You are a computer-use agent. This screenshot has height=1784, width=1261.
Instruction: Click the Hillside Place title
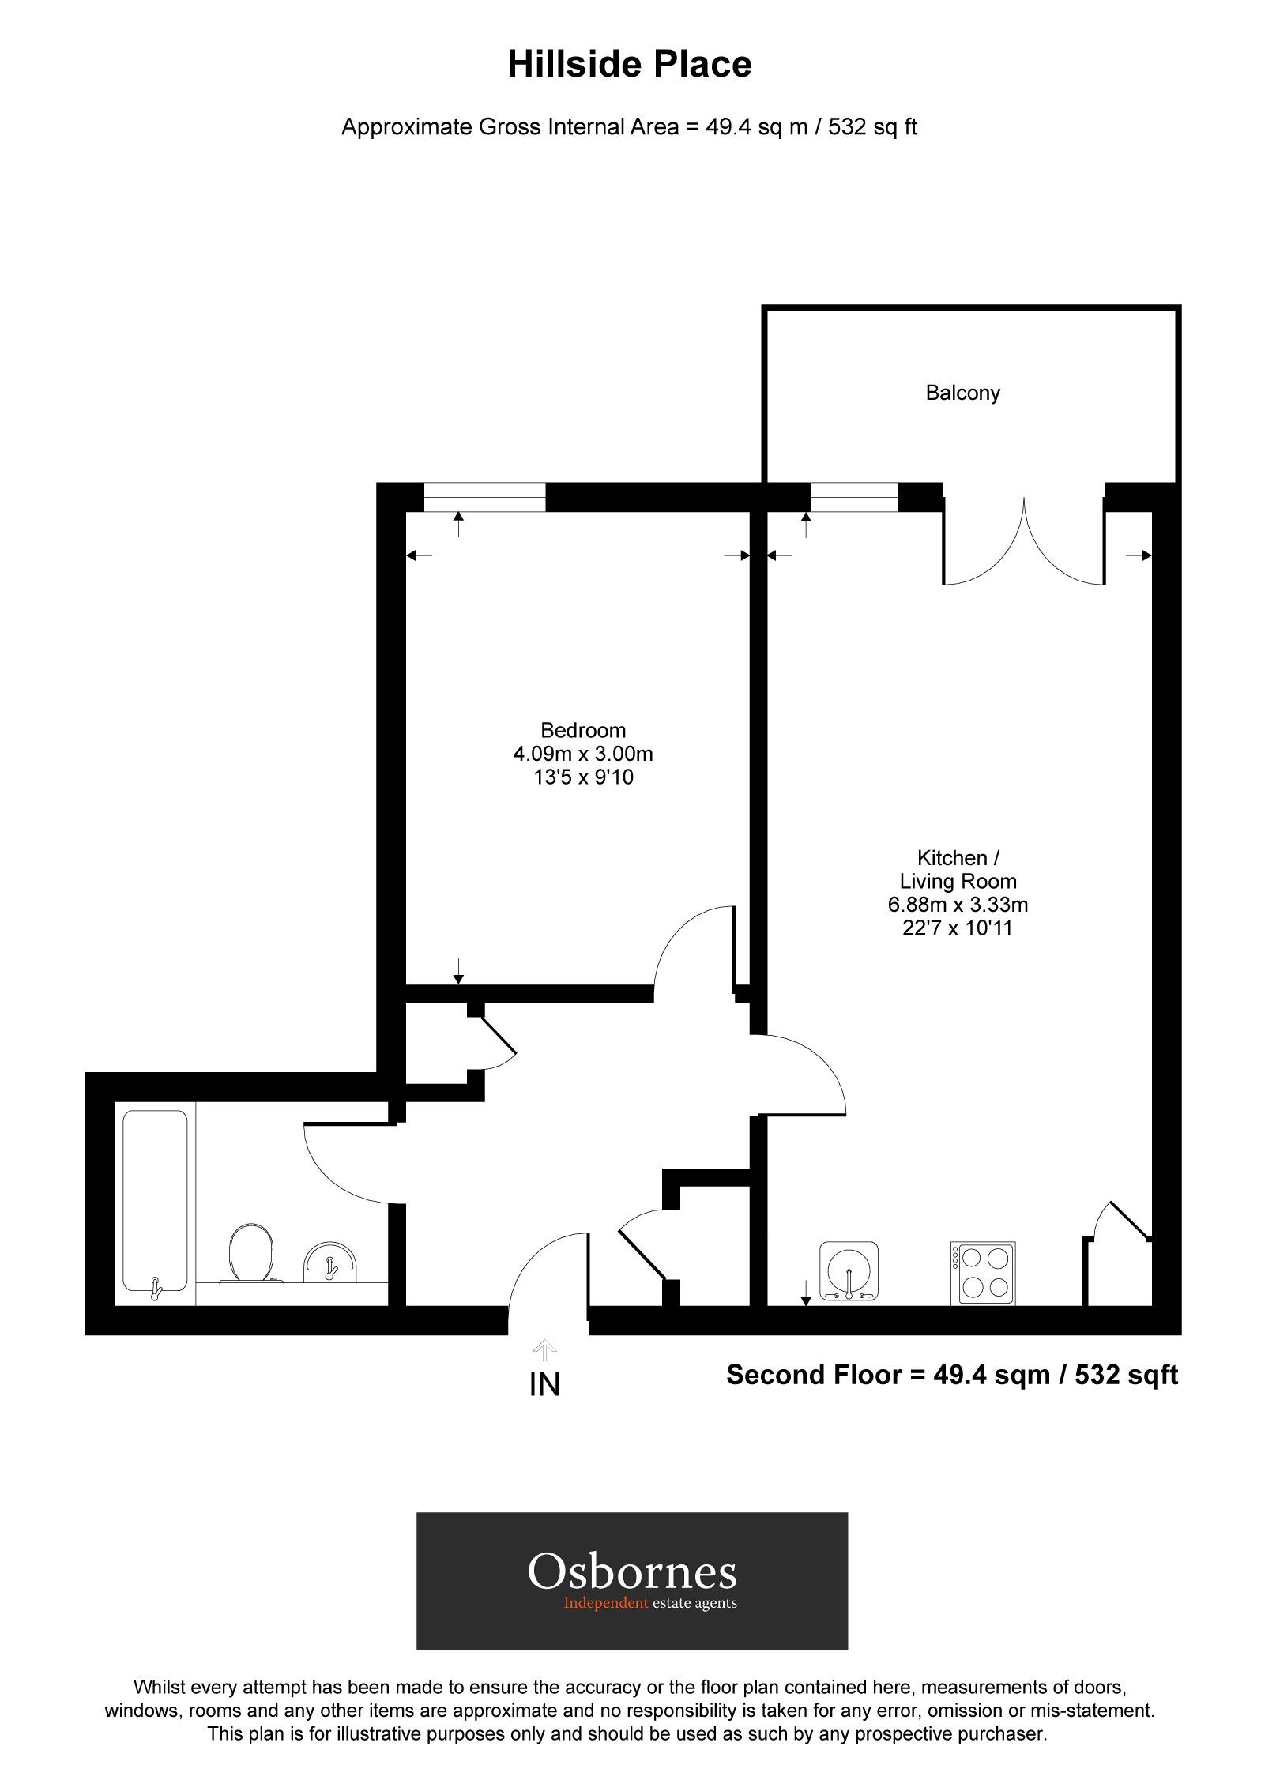[x=629, y=64]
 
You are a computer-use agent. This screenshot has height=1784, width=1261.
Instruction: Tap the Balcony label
[x=962, y=393]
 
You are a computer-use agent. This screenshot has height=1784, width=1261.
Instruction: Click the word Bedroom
[x=582, y=730]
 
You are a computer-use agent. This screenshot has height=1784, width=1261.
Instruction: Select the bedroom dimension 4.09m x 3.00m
[x=582, y=754]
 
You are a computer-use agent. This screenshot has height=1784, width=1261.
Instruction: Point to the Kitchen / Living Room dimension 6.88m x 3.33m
[x=957, y=905]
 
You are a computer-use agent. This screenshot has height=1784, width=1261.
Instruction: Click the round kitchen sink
[x=849, y=1270]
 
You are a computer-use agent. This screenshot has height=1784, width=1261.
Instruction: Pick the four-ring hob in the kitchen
[x=983, y=1273]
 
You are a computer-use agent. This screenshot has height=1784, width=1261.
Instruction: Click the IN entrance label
[x=544, y=1385]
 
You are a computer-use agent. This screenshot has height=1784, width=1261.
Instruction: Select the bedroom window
[x=484, y=497]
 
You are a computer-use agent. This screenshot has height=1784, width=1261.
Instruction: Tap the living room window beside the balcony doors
[x=854, y=497]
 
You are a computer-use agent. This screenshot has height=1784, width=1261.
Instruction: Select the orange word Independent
[x=605, y=1603]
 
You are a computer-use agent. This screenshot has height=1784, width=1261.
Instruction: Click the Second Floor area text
[x=951, y=1375]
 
